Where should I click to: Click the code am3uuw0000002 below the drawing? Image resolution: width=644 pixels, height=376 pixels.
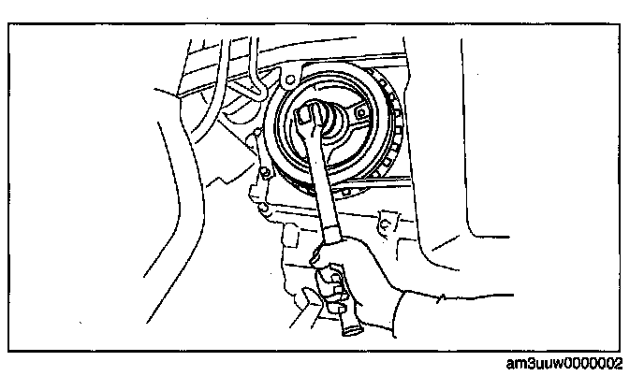coord(572,363)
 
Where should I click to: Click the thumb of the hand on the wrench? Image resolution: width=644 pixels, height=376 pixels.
coord(323,251)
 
